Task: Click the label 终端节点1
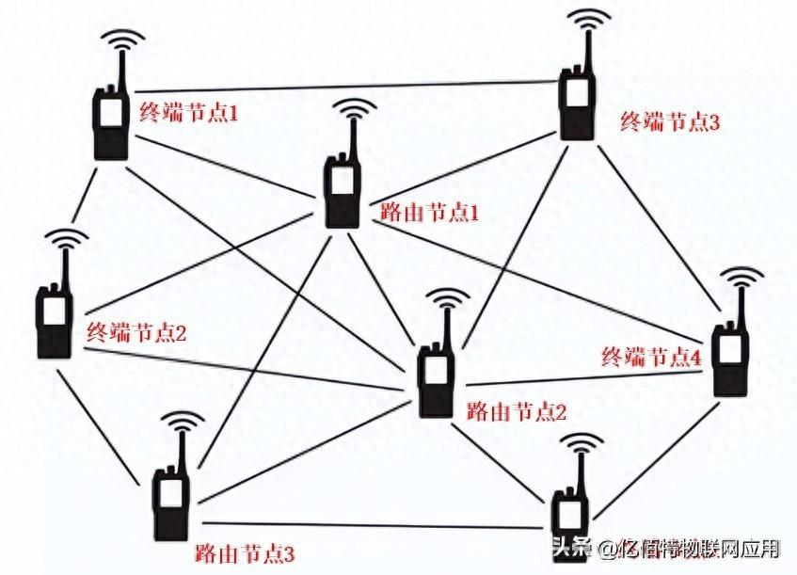(x=189, y=113)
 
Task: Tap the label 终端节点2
(x=136, y=333)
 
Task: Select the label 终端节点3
(x=670, y=122)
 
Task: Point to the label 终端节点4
(x=652, y=358)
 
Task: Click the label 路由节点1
(x=429, y=213)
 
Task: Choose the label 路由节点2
(x=517, y=411)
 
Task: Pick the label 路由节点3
(x=245, y=553)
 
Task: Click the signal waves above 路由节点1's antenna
(x=355, y=108)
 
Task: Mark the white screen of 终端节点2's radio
(x=54, y=311)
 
